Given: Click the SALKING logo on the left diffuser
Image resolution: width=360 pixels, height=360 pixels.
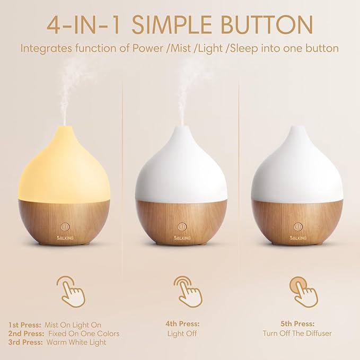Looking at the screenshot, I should [x=63, y=237].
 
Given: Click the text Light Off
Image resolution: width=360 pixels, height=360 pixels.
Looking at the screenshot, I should [x=181, y=333].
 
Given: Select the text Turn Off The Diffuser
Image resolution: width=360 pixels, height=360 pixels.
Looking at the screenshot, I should [x=298, y=333].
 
